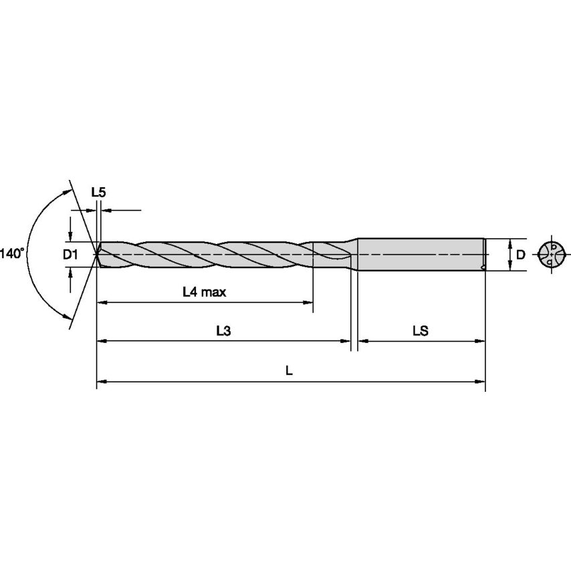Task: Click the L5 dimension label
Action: [x=98, y=192]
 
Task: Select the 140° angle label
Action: [x=11, y=253]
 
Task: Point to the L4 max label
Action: [x=204, y=292]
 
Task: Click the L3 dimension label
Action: [x=223, y=330]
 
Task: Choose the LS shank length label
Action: [x=420, y=330]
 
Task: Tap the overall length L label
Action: [x=289, y=370]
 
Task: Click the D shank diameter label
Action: [x=519, y=254]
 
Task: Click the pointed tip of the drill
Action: [x=96, y=254]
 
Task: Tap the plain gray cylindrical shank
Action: [x=421, y=254]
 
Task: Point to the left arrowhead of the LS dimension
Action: [x=362, y=341]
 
